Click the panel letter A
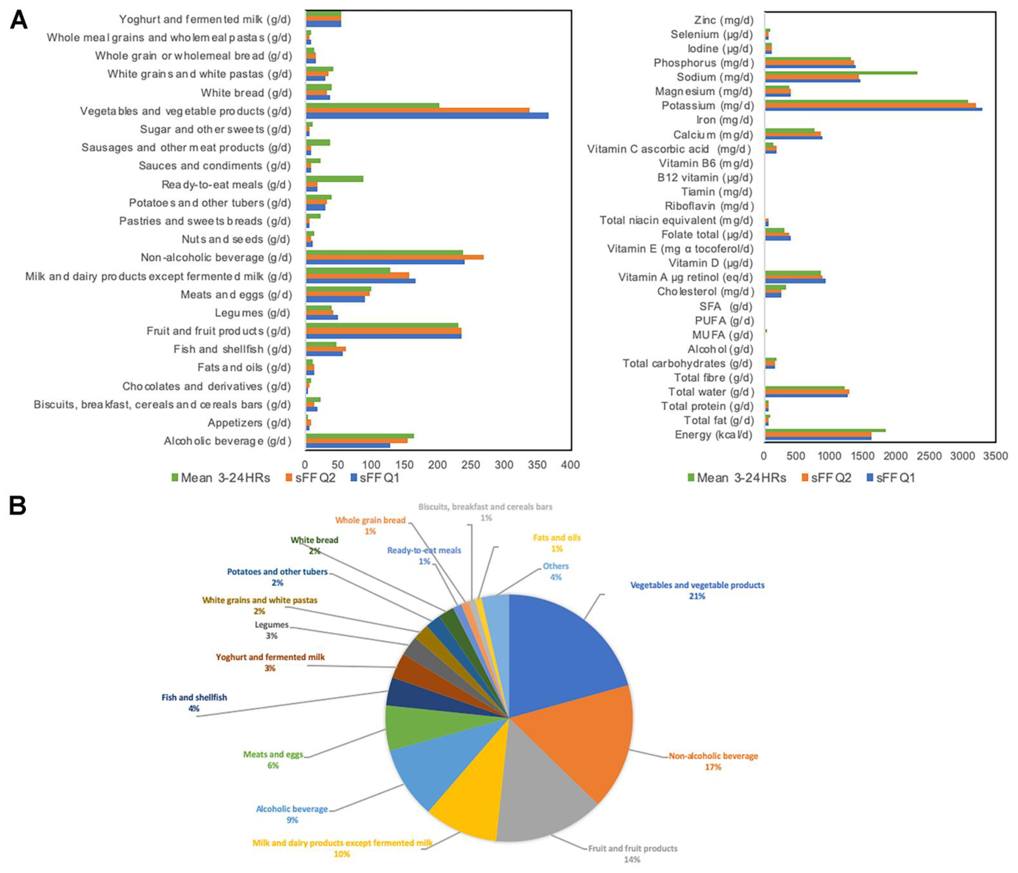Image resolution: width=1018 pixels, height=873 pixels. (x=19, y=21)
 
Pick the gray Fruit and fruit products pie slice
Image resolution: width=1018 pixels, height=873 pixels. (x=540, y=795)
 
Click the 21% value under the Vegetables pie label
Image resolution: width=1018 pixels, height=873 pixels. (x=697, y=596)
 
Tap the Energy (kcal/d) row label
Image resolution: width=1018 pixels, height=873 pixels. (x=713, y=434)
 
